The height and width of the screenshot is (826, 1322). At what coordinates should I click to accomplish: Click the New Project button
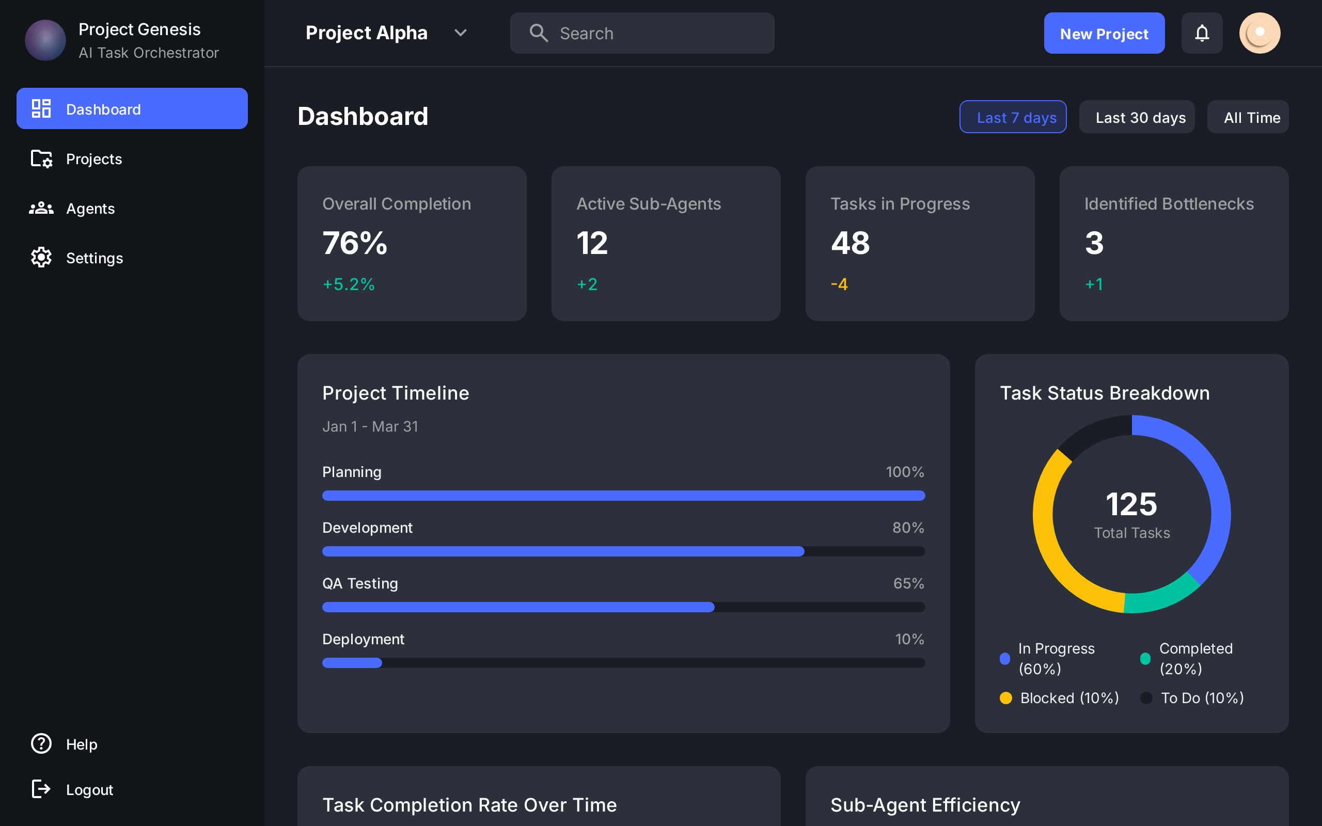(x=1104, y=34)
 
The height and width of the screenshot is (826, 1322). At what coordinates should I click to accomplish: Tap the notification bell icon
(x=1201, y=34)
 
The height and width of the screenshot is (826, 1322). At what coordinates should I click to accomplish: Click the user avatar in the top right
(x=1259, y=34)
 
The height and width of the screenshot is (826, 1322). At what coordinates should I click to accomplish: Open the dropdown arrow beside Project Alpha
(x=461, y=34)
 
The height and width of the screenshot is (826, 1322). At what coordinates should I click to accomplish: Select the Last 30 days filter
(x=1140, y=118)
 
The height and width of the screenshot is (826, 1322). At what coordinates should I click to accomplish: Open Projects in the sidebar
(x=93, y=159)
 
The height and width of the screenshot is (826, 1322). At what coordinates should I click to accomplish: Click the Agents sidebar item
(x=90, y=209)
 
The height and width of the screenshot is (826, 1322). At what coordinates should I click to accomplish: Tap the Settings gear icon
(x=41, y=258)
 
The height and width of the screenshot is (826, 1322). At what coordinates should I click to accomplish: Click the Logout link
(x=89, y=789)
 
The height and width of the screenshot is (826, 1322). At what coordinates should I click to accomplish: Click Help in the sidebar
(x=82, y=744)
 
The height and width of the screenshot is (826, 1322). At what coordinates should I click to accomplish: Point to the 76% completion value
(x=355, y=243)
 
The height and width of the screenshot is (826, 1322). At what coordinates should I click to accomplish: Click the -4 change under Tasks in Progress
(x=839, y=284)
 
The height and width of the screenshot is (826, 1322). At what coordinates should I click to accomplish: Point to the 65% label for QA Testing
(x=908, y=583)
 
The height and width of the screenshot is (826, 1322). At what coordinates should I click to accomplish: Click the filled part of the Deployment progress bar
(x=352, y=663)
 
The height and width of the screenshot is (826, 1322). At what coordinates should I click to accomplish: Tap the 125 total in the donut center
(x=1131, y=504)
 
